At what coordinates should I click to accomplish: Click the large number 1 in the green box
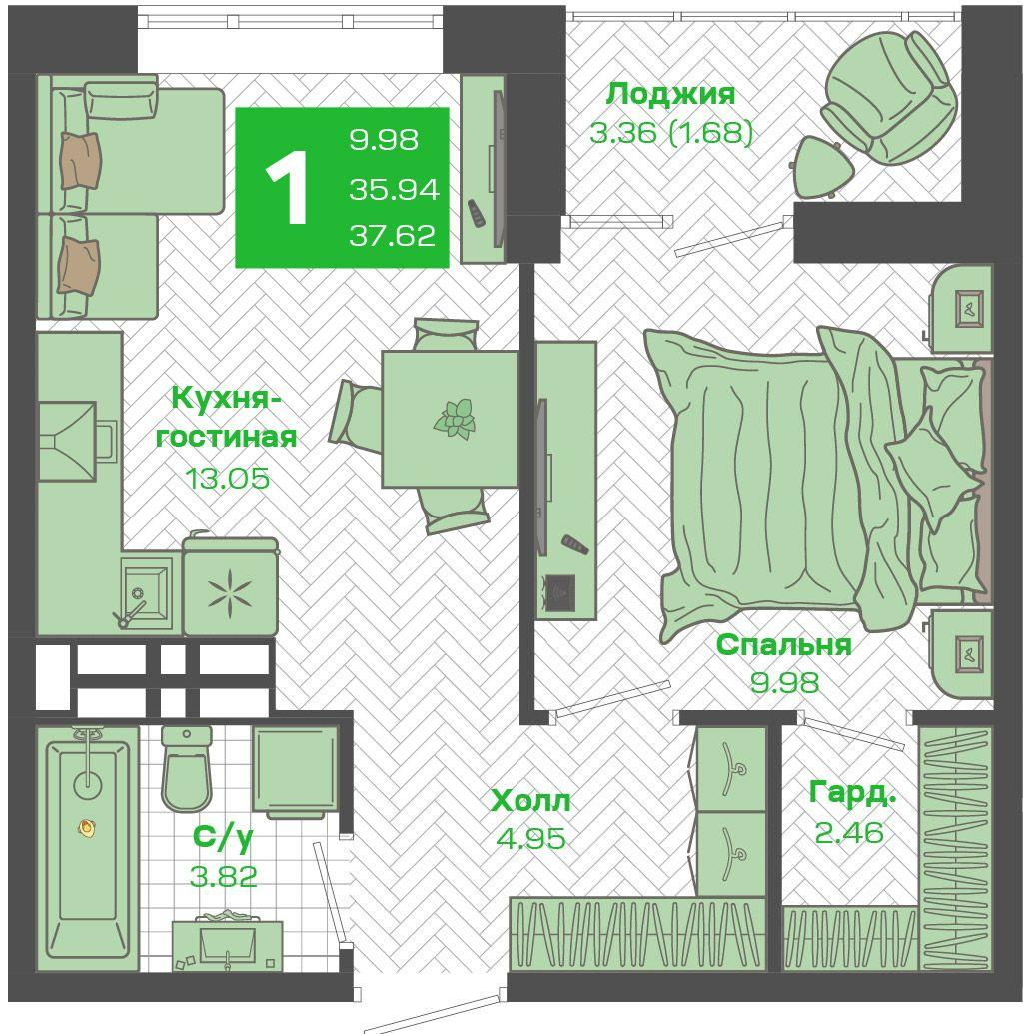click(x=288, y=187)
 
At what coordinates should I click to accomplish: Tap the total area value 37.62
click(x=393, y=236)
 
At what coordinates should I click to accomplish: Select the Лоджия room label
click(x=670, y=94)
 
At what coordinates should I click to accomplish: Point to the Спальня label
click(x=784, y=645)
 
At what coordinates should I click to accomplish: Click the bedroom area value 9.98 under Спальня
click(x=784, y=682)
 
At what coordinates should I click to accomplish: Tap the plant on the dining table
click(x=455, y=418)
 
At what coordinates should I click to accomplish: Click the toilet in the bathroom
click(x=186, y=769)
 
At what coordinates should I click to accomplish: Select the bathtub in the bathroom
click(x=88, y=849)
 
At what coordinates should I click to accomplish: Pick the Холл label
click(x=530, y=801)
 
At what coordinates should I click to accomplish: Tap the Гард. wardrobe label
click(x=852, y=794)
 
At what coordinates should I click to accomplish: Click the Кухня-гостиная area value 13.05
click(x=228, y=478)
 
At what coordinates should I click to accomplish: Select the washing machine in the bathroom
click(x=295, y=771)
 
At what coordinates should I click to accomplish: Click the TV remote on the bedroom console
click(x=573, y=544)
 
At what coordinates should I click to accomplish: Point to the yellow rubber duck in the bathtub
click(x=86, y=827)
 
